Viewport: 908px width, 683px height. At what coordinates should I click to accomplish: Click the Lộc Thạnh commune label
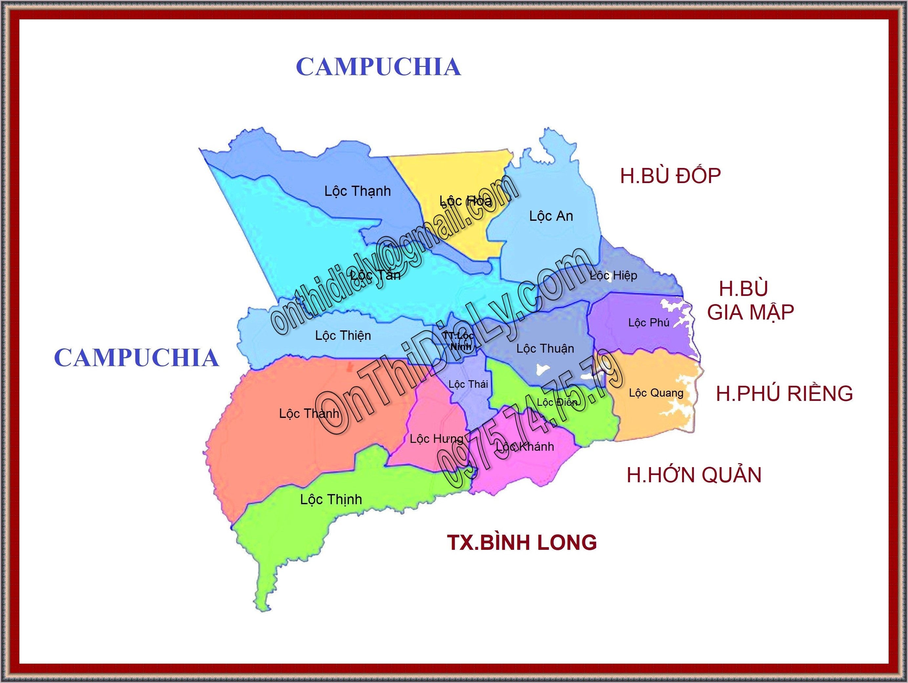click(x=357, y=192)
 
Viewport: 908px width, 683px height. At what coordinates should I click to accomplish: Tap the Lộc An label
click(x=551, y=216)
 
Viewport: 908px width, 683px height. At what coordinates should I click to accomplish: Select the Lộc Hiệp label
click(x=613, y=276)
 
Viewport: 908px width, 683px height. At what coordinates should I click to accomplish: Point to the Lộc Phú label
click(x=649, y=323)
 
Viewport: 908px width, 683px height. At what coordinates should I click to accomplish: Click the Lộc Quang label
click(x=656, y=393)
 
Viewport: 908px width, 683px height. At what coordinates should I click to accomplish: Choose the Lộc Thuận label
click(x=545, y=349)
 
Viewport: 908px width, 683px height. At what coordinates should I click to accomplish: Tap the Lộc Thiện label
click(x=343, y=336)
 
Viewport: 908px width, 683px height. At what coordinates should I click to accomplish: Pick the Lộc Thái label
click(x=468, y=384)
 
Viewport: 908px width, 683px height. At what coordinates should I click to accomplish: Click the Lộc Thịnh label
click(x=331, y=500)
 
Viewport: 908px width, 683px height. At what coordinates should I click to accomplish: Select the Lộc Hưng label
click(x=436, y=439)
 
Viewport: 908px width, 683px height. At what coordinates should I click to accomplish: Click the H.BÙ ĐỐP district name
click(x=670, y=176)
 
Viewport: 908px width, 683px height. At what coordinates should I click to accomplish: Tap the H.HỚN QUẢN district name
click(x=694, y=475)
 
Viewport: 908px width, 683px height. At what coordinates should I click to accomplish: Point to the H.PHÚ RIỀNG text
click(x=784, y=394)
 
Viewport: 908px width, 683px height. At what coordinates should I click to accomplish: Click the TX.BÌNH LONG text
click(x=522, y=543)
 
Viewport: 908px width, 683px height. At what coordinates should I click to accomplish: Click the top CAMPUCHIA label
click(x=378, y=67)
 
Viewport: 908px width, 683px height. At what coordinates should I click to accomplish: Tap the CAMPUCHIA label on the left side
click(x=136, y=358)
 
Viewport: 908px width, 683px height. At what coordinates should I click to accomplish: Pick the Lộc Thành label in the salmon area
click(x=309, y=413)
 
